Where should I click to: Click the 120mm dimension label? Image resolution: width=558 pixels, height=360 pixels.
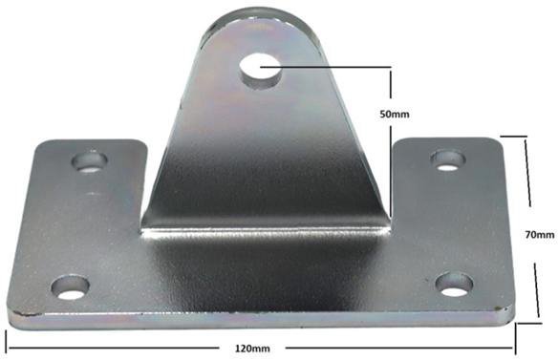[x=252, y=348]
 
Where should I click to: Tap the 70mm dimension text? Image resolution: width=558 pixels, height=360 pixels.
[x=540, y=234]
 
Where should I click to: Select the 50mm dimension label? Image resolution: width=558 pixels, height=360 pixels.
[x=395, y=115]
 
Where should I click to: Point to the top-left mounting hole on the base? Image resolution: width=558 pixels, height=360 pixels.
[x=90, y=161]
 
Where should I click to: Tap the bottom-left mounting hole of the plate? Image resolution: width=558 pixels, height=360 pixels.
[x=70, y=287]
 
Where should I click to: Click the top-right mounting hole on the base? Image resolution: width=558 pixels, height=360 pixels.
[x=448, y=160]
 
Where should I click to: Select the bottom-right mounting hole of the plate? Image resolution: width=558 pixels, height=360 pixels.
[x=455, y=285]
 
